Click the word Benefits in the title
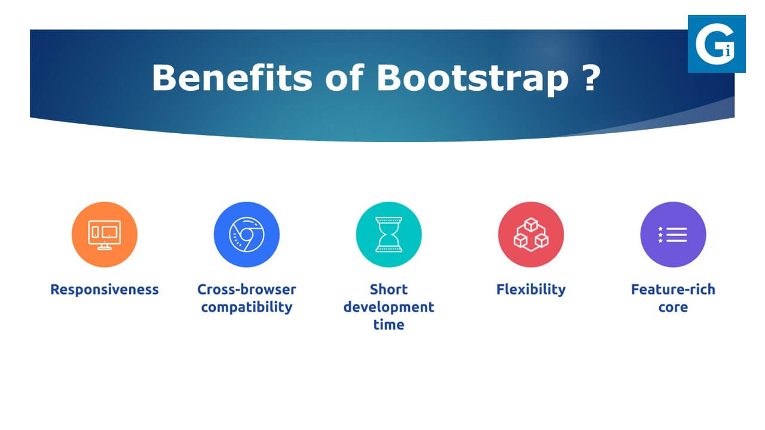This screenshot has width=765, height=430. coord(232,78)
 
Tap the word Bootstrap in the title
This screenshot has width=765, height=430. coord(472,80)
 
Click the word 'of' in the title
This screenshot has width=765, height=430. coord(345,78)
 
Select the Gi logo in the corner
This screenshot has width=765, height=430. coord(717,44)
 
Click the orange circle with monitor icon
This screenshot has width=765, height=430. coord(105,235)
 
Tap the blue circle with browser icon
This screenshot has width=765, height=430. coord(247,235)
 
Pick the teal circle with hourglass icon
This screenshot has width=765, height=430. coord(388,235)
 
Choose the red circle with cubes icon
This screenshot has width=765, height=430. coord(531,235)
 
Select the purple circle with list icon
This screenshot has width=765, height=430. coord(673,235)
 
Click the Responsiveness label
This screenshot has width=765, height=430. coord(105,290)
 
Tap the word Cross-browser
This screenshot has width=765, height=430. coord(247,290)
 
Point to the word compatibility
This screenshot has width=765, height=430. coord(247,307)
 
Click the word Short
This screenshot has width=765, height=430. coord(388,290)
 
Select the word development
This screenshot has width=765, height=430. coord(388,307)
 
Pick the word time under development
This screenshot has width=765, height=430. coord(388,324)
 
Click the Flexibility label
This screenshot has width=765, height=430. coord(531,290)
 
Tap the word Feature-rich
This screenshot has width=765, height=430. coord(673,290)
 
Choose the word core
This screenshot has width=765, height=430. coord(673,308)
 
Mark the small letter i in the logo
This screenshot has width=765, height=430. coord(728,51)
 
